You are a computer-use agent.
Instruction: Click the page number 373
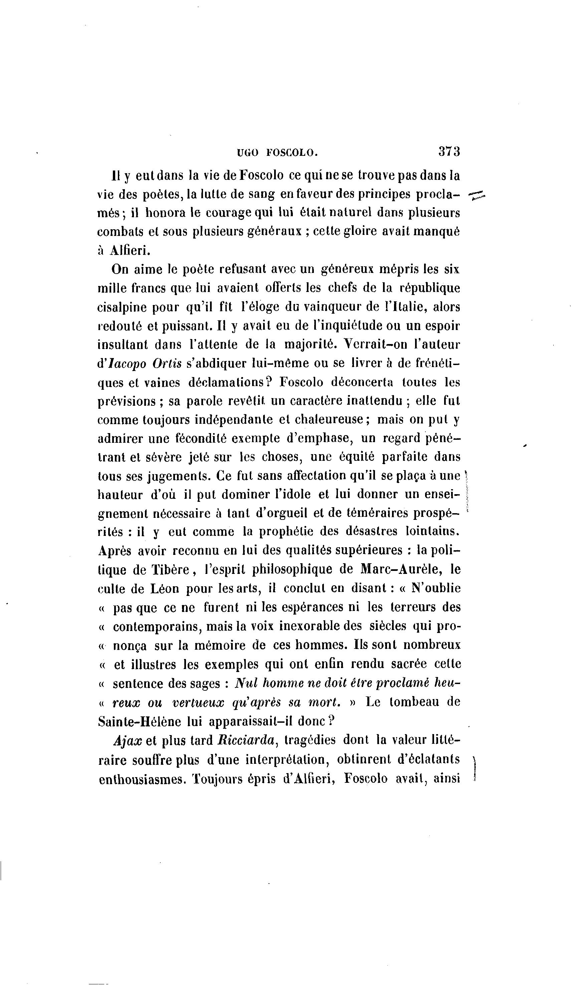449,152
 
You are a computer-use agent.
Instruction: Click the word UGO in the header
247,153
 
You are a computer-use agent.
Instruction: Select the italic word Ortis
167,363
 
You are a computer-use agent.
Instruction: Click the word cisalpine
121,308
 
